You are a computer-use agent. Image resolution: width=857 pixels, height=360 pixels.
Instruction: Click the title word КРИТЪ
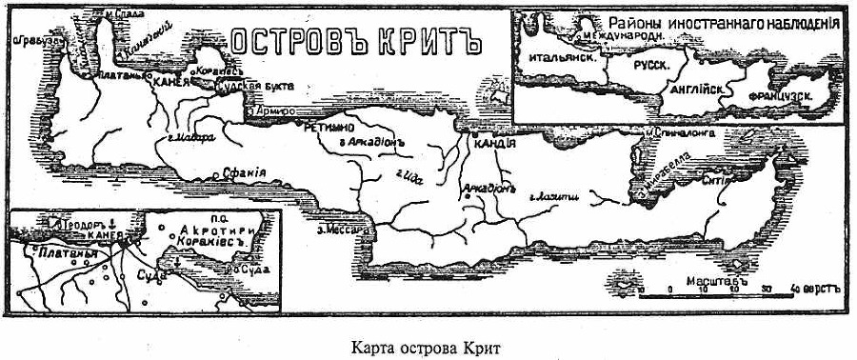tap(430, 41)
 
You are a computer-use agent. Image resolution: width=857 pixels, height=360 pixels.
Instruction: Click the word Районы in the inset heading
tap(635, 23)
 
